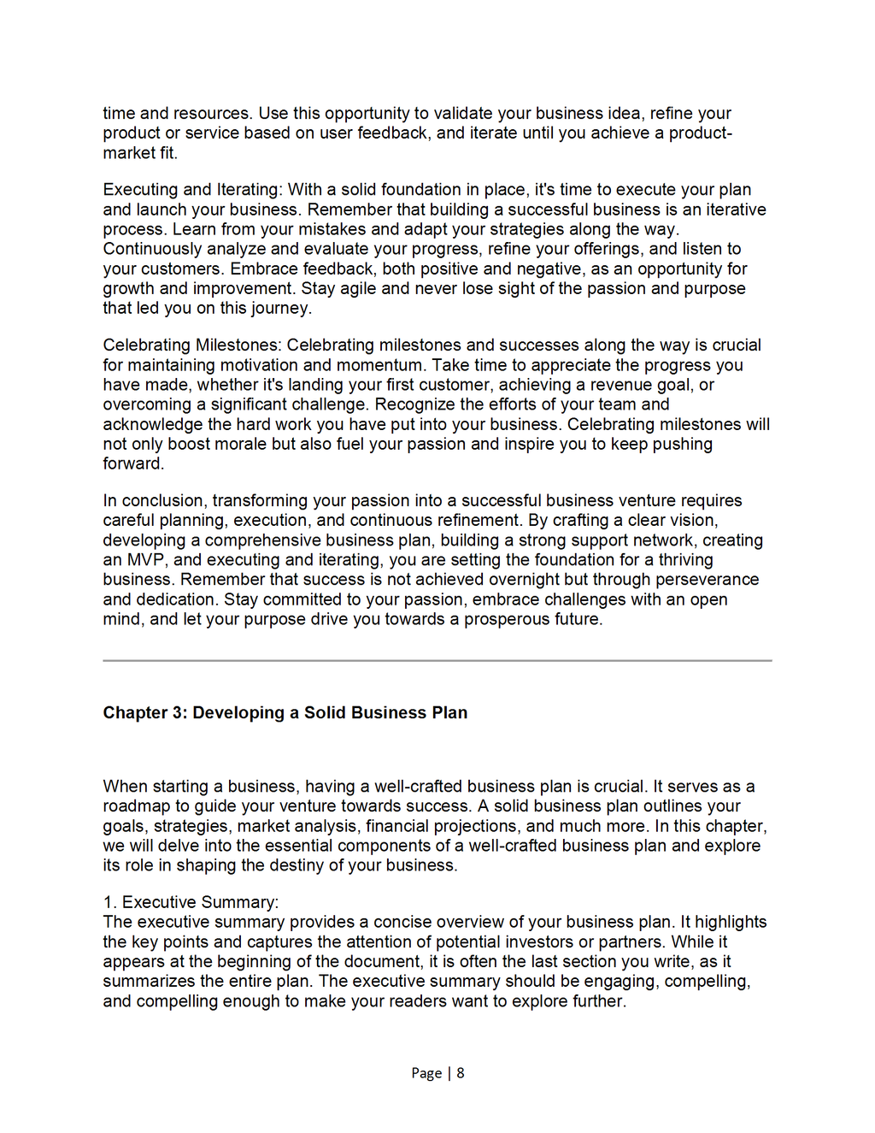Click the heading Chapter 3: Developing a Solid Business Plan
pyautogui.click(x=285, y=713)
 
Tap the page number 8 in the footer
pyautogui.click(x=461, y=1073)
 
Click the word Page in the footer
pyautogui.click(x=426, y=1073)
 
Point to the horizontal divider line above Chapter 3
pyautogui.click(x=437, y=660)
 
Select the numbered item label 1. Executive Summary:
pyautogui.click(x=191, y=902)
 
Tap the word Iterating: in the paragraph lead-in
pyautogui.click(x=249, y=190)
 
